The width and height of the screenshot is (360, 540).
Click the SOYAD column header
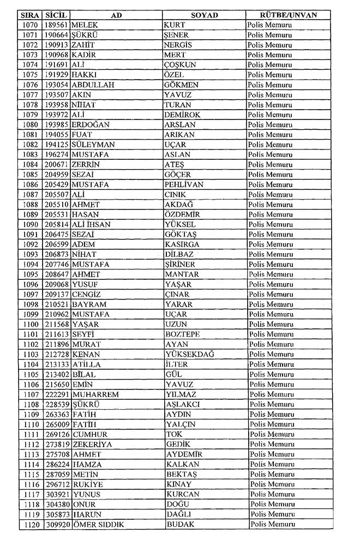pyautogui.click(x=205, y=15)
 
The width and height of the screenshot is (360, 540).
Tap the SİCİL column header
pyautogui.click(x=56, y=15)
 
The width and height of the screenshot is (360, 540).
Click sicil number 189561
pyautogui.click(x=56, y=25)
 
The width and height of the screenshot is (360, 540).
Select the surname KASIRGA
pyautogui.click(x=182, y=245)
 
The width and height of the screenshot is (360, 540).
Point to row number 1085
pyautogui.click(x=31, y=175)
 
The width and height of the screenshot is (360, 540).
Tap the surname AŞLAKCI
pyautogui.click(x=183, y=404)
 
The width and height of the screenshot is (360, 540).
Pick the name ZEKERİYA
pyautogui.click(x=92, y=445)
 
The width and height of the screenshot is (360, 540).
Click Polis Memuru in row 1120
pyautogui.click(x=272, y=524)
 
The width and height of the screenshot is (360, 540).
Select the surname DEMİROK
pyautogui.click(x=183, y=115)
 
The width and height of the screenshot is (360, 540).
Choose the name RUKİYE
pyautogui.click(x=88, y=484)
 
